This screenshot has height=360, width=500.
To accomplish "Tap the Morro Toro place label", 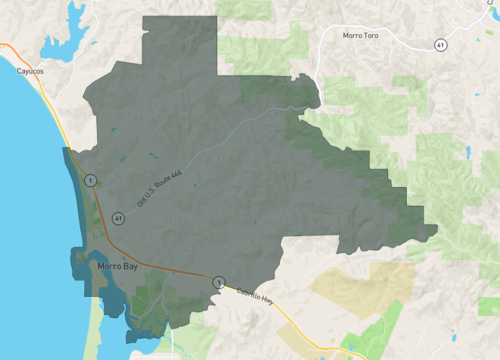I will point(365,35).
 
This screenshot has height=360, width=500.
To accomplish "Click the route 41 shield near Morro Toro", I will point(440,45).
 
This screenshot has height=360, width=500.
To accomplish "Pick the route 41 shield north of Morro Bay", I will point(118,217).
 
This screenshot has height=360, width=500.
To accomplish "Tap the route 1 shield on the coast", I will point(90,180).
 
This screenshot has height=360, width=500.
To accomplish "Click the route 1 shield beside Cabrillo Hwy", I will point(217,283).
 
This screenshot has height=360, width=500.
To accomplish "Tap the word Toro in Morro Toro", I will point(378,35).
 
